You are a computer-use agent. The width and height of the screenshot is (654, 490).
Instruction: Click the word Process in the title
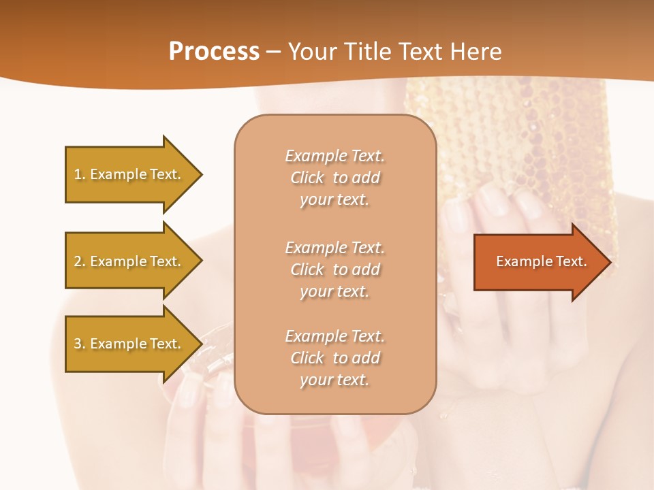tap(214, 52)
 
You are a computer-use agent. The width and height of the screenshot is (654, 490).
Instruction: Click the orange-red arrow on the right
tap(538, 261)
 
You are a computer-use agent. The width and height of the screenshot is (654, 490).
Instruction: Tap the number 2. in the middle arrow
tap(80, 261)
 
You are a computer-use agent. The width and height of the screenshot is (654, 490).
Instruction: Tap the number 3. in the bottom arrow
tap(80, 344)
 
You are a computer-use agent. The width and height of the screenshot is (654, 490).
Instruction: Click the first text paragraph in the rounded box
tap(335, 178)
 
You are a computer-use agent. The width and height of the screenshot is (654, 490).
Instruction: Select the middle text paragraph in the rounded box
tap(335, 269)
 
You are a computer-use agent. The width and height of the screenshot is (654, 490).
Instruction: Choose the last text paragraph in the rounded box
tap(335, 358)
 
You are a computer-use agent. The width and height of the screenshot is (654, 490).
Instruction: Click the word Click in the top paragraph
tap(308, 178)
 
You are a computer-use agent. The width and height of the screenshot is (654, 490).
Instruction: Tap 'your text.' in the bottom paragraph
tap(334, 380)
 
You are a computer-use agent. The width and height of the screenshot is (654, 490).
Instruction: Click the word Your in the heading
tap(310, 52)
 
